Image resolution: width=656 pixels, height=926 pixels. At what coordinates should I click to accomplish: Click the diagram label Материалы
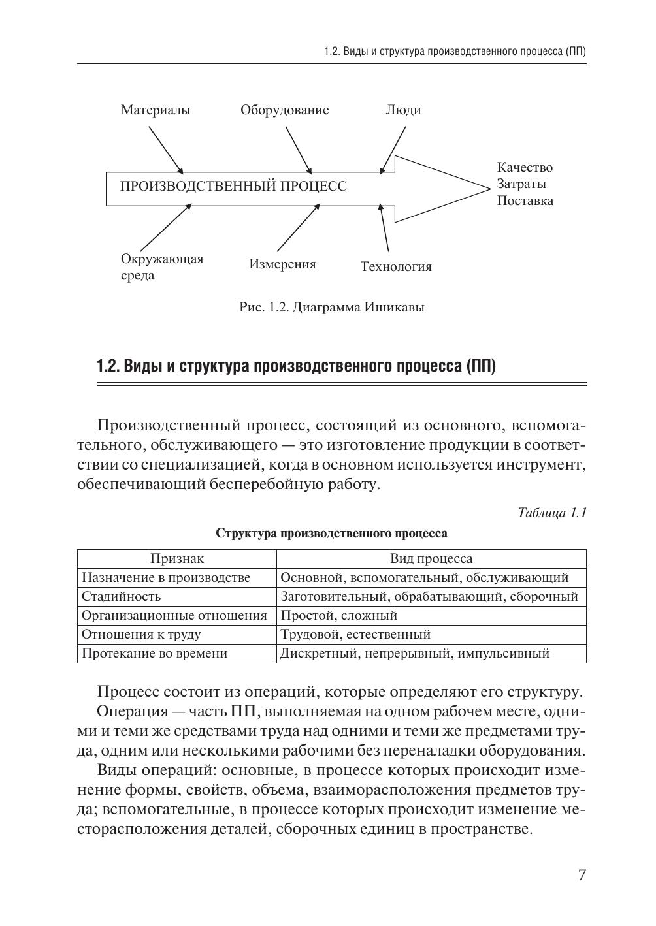tap(156, 110)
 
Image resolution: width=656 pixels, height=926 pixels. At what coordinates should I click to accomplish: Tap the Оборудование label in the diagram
tap(284, 110)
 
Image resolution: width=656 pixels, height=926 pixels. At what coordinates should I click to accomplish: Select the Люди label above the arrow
tap(403, 110)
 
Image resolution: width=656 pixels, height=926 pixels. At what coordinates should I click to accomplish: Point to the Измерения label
tap(282, 264)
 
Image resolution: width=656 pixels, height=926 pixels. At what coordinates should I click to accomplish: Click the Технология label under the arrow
tap(396, 266)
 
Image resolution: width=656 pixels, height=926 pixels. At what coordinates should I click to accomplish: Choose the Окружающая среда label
tap(162, 267)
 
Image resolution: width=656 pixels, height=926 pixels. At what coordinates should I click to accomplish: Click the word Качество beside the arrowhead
tap(525, 168)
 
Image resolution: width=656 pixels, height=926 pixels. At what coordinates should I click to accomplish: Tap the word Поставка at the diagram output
tap(525, 200)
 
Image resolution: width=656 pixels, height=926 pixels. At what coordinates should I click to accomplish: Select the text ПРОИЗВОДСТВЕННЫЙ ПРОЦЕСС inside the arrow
tap(233, 186)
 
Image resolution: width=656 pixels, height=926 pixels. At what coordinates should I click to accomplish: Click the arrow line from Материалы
tap(165, 148)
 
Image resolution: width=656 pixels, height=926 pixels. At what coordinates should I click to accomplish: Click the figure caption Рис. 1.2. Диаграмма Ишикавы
tap(332, 307)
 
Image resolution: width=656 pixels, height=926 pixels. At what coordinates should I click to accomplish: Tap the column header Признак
tap(177, 558)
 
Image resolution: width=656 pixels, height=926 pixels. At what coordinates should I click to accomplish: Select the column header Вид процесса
tap(431, 558)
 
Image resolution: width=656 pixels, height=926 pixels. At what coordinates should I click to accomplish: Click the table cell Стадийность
tap(121, 596)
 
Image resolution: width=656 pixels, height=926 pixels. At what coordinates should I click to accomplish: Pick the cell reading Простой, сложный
tap(338, 615)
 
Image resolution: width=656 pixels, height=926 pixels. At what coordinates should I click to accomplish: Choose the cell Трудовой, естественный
tap(355, 634)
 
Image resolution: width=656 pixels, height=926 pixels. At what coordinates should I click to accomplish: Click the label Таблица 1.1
tap(552, 513)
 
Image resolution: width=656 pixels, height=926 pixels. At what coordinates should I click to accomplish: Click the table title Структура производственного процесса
tap(332, 534)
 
